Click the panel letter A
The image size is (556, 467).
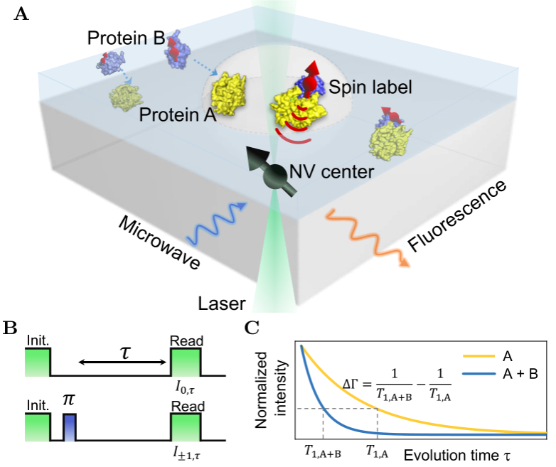point(21,14)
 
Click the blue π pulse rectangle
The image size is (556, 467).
point(68,428)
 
